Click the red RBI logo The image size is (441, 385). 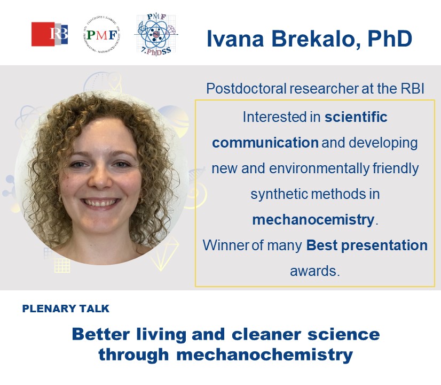click(x=50, y=34)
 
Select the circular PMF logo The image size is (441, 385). click(x=101, y=35)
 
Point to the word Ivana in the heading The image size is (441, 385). click(x=232, y=40)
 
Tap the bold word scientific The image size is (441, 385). click(x=356, y=117)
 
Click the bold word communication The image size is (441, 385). click(x=265, y=143)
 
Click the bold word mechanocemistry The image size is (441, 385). click(x=313, y=220)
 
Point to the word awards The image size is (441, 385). click(x=314, y=271)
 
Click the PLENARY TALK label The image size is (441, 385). click(x=66, y=309)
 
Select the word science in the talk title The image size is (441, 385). click(x=345, y=334)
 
